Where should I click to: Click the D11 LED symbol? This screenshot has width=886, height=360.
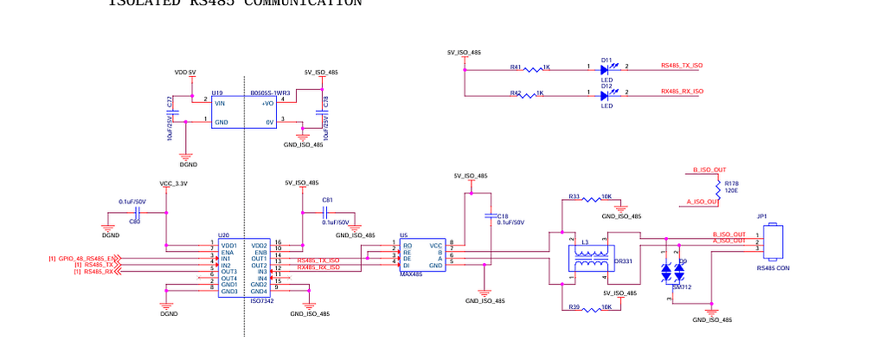point(606,67)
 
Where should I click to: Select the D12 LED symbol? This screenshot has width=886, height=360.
point(606,95)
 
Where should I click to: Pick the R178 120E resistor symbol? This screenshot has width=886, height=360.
point(717,186)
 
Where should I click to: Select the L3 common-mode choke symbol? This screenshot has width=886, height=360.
point(591,260)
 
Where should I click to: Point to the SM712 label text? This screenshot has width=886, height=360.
point(682,286)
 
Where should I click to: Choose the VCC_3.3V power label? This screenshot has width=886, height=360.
point(174,183)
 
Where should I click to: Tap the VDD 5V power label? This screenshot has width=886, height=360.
point(185,73)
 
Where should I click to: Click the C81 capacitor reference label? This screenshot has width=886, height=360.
point(326,200)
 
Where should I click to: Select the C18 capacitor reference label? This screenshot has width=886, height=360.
point(503,215)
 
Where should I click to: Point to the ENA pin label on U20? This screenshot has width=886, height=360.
point(227,252)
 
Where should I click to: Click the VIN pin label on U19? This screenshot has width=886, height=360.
point(220,103)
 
